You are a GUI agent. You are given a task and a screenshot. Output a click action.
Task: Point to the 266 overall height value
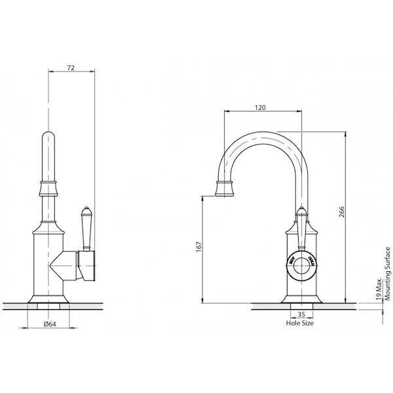pos(342,214)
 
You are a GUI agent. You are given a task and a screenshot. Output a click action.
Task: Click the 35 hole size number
pos(300,314)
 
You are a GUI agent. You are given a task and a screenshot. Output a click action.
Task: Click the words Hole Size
pos(300,323)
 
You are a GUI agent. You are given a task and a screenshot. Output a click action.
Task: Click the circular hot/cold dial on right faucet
pos(302,266)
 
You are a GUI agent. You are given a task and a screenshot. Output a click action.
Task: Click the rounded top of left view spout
pos(49,138)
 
